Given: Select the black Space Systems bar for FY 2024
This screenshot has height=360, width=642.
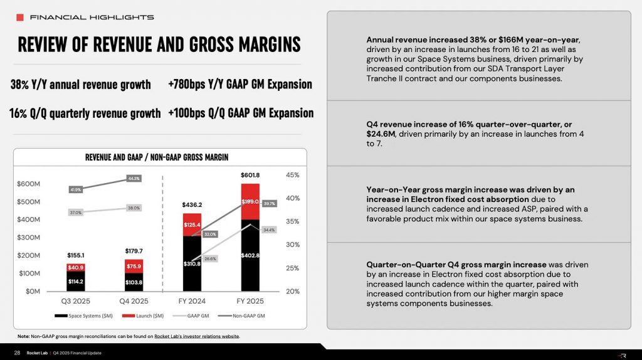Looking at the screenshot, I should coord(192,263).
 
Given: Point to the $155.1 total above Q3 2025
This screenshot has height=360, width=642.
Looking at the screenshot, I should coord(76,255).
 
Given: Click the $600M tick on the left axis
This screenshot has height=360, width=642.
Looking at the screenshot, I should coord(29,184).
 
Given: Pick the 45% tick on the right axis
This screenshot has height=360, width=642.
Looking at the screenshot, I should coord(292,175).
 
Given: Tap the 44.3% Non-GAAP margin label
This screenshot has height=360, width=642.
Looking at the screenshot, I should coord(133,179).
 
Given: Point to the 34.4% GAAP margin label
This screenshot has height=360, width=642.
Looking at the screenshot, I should coord(268,230).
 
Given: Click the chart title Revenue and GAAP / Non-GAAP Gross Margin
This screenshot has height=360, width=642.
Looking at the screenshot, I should coord(157,157).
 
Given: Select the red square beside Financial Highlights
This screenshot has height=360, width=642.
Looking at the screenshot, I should coord(20,17).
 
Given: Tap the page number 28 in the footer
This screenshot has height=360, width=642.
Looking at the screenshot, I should coord(17,352).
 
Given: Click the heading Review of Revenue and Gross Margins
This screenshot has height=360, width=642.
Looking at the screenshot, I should coord(159,45).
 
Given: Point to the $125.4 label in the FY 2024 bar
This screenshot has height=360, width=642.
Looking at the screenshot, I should coord(192,224).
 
